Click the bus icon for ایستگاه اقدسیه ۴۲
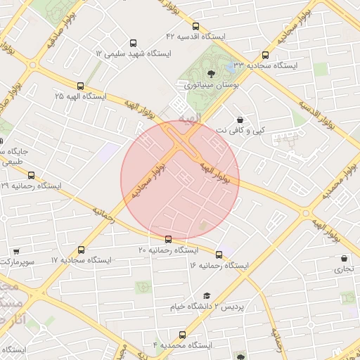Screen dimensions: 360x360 [x=195, y=26]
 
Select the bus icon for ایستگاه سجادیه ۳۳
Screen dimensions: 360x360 [x=265, y=56]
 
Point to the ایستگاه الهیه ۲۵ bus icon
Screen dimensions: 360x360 [x=80, y=86]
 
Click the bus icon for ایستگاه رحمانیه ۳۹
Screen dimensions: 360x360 [x=31, y=176]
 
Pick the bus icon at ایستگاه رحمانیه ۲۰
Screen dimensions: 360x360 [x=167, y=240]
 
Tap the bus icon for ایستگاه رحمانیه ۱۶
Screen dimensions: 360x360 [x=219, y=255]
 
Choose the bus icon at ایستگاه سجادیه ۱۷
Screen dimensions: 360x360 [x=82, y=250]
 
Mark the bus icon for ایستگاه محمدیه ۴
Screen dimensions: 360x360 [x=183, y=335]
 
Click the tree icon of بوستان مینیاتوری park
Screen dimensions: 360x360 [x=211, y=73]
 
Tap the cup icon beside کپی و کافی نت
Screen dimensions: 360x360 [x=241, y=120]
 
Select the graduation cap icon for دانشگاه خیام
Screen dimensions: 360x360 [x=207, y=297]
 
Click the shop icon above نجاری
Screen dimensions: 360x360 [x=345, y=259]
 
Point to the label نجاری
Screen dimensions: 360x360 [x=344, y=269]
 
